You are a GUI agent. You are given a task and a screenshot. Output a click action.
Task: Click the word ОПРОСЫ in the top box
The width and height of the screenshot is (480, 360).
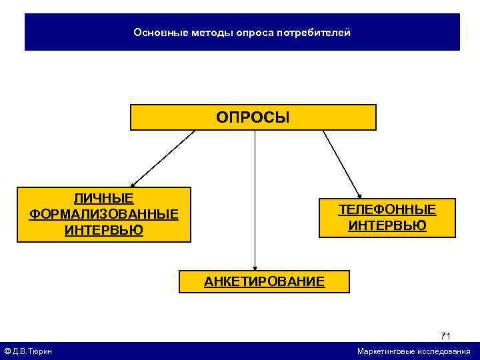(253, 118)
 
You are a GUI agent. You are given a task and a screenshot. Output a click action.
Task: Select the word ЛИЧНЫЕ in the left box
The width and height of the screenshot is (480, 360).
(103, 199)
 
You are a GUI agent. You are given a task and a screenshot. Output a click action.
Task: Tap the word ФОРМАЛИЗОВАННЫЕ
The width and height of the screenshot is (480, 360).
(103, 214)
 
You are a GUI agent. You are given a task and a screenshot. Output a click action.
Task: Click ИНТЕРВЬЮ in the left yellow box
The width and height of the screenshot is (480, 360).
(103, 230)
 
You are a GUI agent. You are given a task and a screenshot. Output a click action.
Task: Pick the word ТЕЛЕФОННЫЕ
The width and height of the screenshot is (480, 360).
(387, 210)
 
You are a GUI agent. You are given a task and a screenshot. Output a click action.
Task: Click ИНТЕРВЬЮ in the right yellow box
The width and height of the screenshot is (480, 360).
(387, 225)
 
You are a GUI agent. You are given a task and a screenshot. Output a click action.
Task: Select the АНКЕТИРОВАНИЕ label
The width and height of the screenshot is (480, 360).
(264, 281)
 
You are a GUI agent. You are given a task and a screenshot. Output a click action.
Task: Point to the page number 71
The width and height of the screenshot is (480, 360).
(445, 335)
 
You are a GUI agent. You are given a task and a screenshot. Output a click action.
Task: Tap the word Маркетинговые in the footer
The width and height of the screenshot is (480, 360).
(386, 351)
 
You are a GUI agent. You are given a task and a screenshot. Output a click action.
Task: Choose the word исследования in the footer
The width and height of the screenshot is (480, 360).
(443, 351)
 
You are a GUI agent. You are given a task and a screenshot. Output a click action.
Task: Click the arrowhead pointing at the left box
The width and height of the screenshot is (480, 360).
(133, 184)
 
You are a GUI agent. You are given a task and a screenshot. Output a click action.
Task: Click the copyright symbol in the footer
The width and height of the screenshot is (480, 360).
(7, 351)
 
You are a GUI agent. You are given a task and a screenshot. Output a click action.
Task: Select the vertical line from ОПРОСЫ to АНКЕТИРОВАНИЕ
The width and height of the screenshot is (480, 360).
(255, 200)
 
